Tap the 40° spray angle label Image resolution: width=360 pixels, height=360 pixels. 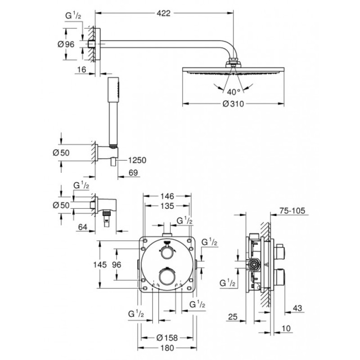click(x=234, y=92)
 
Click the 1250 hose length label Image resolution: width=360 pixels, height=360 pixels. click(x=137, y=160)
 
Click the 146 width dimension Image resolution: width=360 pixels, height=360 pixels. click(x=168, y=196)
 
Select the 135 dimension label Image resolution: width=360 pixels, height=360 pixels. click(x=168, y=207)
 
